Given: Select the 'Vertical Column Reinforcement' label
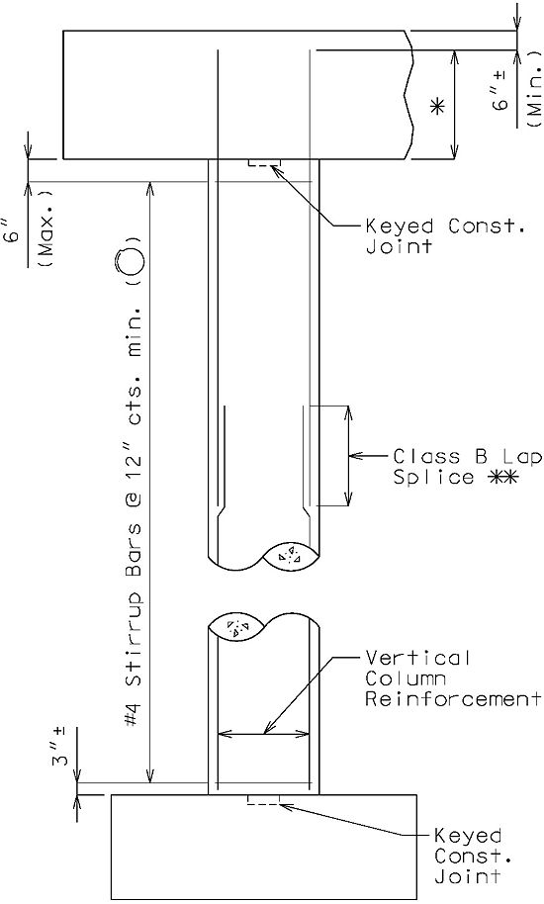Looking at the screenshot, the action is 453,678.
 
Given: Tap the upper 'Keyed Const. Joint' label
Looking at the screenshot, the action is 445,235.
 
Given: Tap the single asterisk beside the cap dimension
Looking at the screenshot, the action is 438,107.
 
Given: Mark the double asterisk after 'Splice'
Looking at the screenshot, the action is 503,477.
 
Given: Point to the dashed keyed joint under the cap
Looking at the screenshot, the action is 264,162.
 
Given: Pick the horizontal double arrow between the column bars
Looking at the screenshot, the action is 263,734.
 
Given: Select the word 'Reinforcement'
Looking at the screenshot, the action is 453,698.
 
